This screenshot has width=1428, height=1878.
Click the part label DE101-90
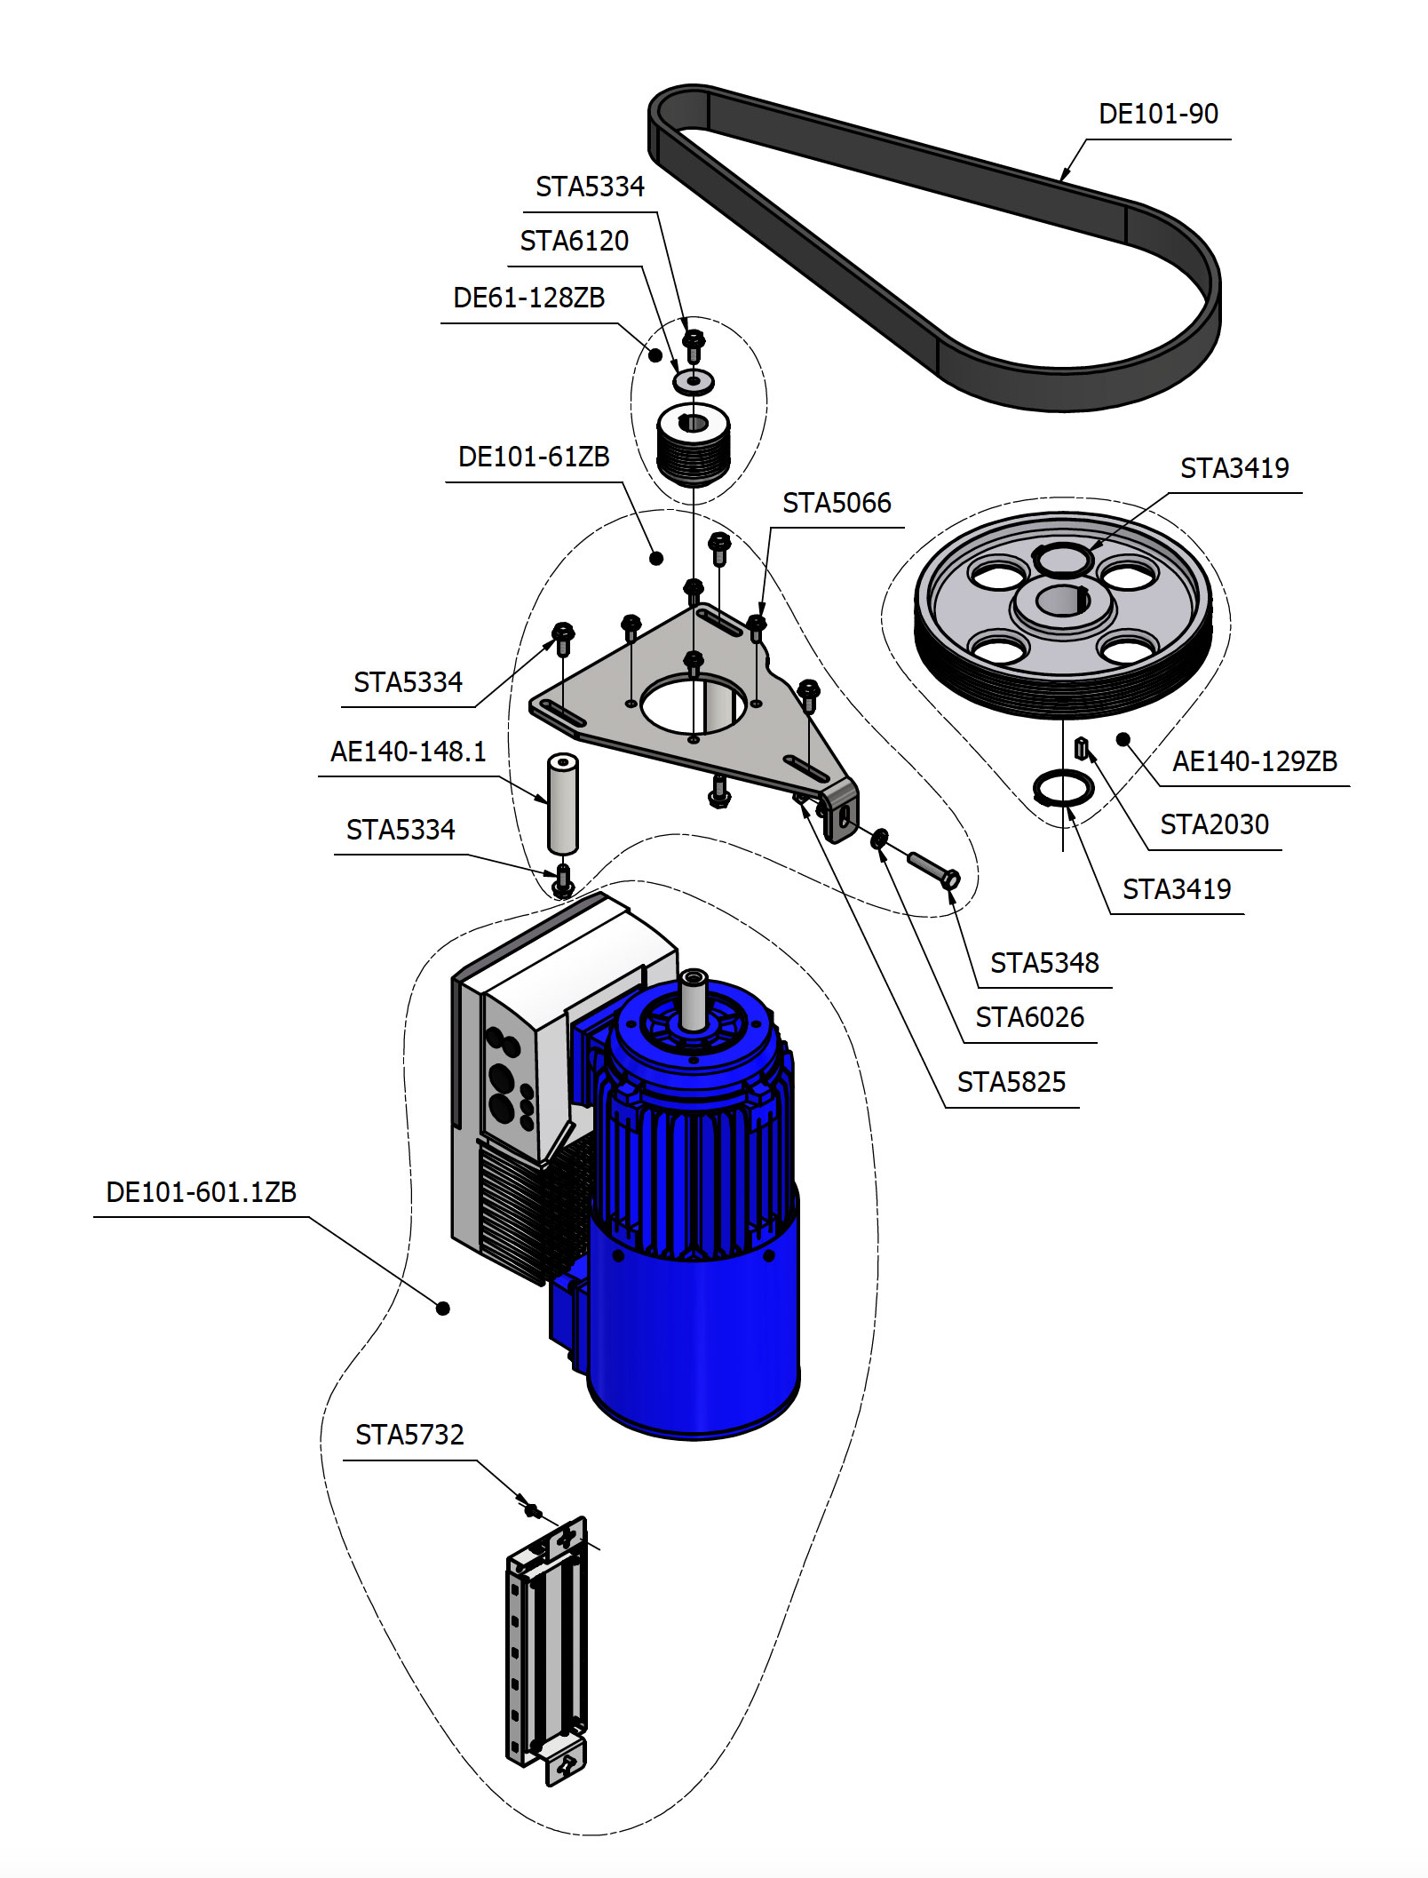pos(1158,115)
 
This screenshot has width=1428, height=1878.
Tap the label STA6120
pos(574,242)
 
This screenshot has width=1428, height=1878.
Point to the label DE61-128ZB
pos(528,298)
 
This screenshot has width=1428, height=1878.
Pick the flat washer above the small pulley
pos(694,381)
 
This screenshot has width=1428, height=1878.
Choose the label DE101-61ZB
pos(534,458)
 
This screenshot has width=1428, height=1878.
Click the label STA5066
pos(837,504)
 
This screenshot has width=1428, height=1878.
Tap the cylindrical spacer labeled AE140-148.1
pos(562,804)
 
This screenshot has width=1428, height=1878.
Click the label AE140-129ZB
pos(1254,762)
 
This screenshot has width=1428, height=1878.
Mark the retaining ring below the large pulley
pos(1063,788)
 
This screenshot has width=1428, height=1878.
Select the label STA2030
pos(1214,825)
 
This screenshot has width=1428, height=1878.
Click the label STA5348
pos(1044,963)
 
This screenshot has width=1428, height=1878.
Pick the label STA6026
pos(1029,1018)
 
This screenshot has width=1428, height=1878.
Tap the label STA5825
pos(1011,1083)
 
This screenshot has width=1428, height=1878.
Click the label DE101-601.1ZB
pos(201,1192)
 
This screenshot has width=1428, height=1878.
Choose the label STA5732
pos(409,1436)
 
